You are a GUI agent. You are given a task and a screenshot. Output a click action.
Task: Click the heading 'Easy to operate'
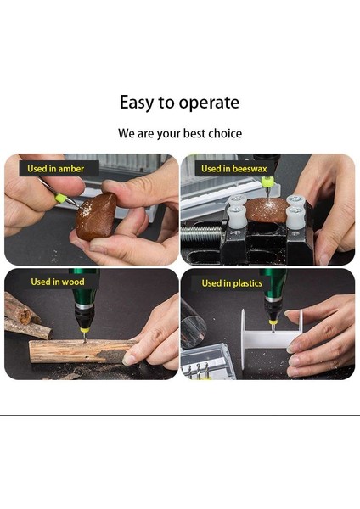pyautogui.click(x=179, y=103)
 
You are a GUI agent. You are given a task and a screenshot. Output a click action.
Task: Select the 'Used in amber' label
pyautogui.click(x=55, y=169)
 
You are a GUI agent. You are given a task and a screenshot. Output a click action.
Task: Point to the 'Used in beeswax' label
pyautogui.click(x=234, y=169)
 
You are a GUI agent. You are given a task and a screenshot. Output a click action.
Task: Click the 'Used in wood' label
pyautogui.click(x=58, y=282)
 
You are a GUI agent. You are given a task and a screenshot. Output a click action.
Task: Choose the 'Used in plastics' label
pyautogui.click(x=232, y=283)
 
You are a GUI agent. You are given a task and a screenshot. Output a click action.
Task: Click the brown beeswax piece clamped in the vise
pyautogui.click(x=268, y=210)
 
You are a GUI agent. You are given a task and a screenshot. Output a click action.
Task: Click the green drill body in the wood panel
pyautogui.click(x=84, y=287)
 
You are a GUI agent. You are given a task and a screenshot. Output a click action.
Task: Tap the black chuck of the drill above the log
pyautogui.click(x=84, y=316)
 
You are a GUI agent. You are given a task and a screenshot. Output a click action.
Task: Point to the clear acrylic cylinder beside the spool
pyautogui.click(x=193, y=323)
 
